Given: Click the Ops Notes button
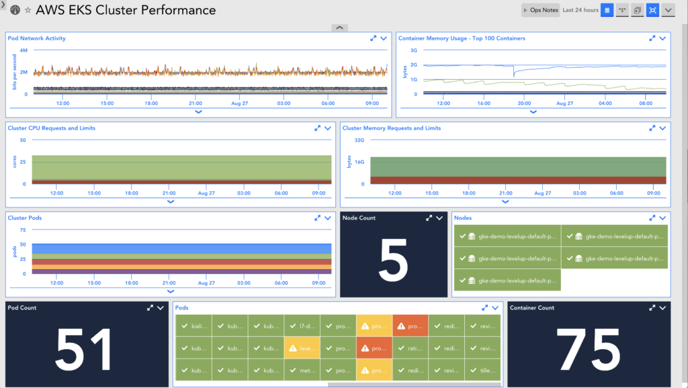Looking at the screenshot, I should (x=540, y=10).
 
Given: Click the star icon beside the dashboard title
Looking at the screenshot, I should (x=28, y=10).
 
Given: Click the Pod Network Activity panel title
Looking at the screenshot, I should (x=37, y=38).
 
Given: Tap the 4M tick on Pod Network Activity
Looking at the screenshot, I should (x=24, y=50).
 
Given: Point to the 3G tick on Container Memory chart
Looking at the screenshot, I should (x=414, y=50).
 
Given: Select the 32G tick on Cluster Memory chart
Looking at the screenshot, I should (x=359, y=140).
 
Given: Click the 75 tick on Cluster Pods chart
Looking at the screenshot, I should (x=23, y=230).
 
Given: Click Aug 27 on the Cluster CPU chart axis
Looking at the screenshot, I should (x=206, y=193).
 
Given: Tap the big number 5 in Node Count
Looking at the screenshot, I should (x=393, y=260).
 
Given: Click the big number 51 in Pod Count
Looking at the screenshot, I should (x=84, y=350).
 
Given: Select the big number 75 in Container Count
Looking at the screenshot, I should (x=589, y=350).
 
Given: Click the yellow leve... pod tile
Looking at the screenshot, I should (x=302, y=348).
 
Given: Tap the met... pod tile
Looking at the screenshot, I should (x=302, y=371).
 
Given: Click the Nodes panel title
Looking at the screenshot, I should (x=463, y=218).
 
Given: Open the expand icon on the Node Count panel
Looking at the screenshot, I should (x=428, y=218).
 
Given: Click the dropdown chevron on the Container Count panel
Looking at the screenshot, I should (x=662, y=307).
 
